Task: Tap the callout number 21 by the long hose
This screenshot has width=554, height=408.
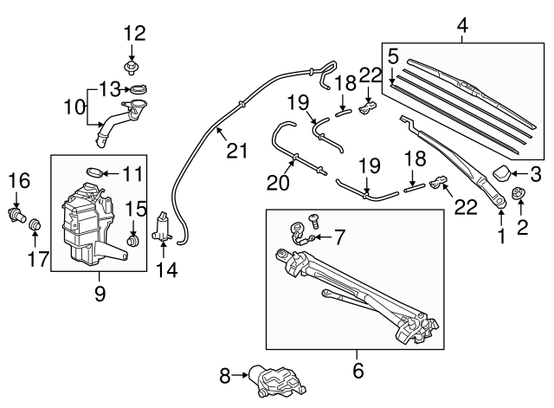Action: coord(237,151)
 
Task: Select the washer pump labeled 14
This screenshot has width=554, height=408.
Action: coord(164,229)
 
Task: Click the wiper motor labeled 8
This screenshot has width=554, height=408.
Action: coord(270,379)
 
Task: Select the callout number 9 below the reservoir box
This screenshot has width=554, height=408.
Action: coord(100,294)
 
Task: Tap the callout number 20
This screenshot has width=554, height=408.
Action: coord(277,182)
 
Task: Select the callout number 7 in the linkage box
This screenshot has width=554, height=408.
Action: coord(339,235)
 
